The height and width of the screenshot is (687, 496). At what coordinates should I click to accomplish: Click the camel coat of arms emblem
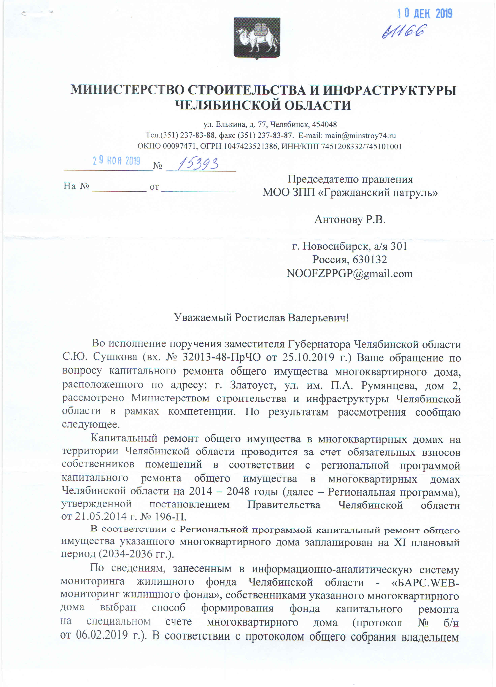click(257, 38)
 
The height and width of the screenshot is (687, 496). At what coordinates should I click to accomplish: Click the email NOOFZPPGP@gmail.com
click(350, 273)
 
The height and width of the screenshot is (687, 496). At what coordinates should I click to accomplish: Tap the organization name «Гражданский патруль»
click(379, 192)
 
